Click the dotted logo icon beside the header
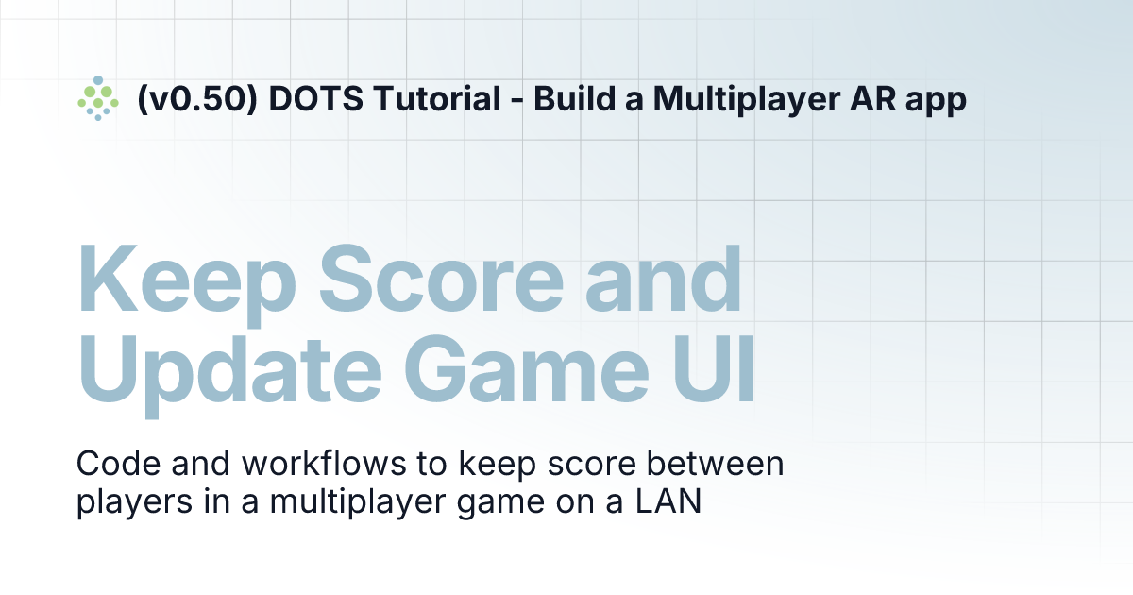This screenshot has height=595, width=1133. pos(97,98)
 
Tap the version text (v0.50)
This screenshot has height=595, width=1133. pos(197,99)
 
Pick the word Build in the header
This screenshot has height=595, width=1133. pos(567,99)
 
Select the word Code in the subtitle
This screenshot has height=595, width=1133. pos(113,466)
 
